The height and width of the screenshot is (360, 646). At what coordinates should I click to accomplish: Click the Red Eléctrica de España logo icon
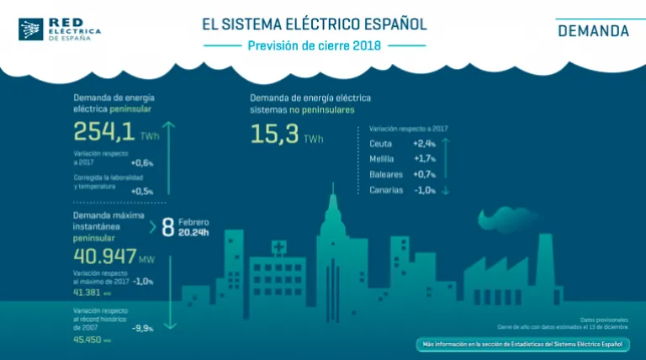[x=31, y=29]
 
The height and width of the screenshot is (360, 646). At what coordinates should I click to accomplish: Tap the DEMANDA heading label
[x=593, y=32]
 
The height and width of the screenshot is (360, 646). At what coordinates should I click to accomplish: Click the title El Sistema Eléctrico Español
[x=314, y=22]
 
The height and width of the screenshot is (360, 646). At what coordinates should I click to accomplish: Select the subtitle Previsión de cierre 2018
[x=314, y=45]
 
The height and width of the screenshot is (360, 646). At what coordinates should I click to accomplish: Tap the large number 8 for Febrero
[x=167, y=227]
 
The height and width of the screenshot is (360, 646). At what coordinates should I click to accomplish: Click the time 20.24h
[x=194, y=233]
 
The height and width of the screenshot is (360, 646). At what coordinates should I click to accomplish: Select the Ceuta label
[x=381, y=144]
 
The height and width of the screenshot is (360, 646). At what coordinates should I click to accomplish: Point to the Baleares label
[x=386, y=174]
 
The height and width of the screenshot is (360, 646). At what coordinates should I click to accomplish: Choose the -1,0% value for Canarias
[x=425, y=190]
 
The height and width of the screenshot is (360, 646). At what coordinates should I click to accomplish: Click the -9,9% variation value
[x=141, y=329]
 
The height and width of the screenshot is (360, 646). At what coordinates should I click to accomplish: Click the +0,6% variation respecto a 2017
[x=143, y=163]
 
